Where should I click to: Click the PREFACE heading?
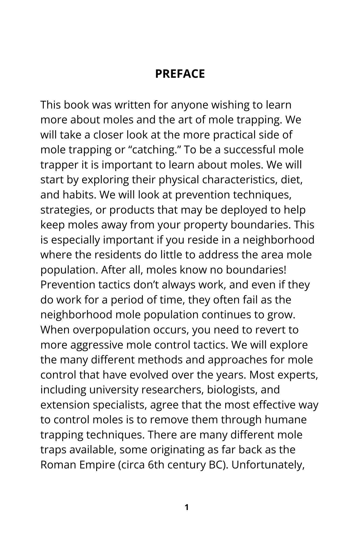[180, 74]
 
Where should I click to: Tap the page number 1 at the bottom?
[186, 507]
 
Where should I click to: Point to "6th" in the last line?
[156, 465]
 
